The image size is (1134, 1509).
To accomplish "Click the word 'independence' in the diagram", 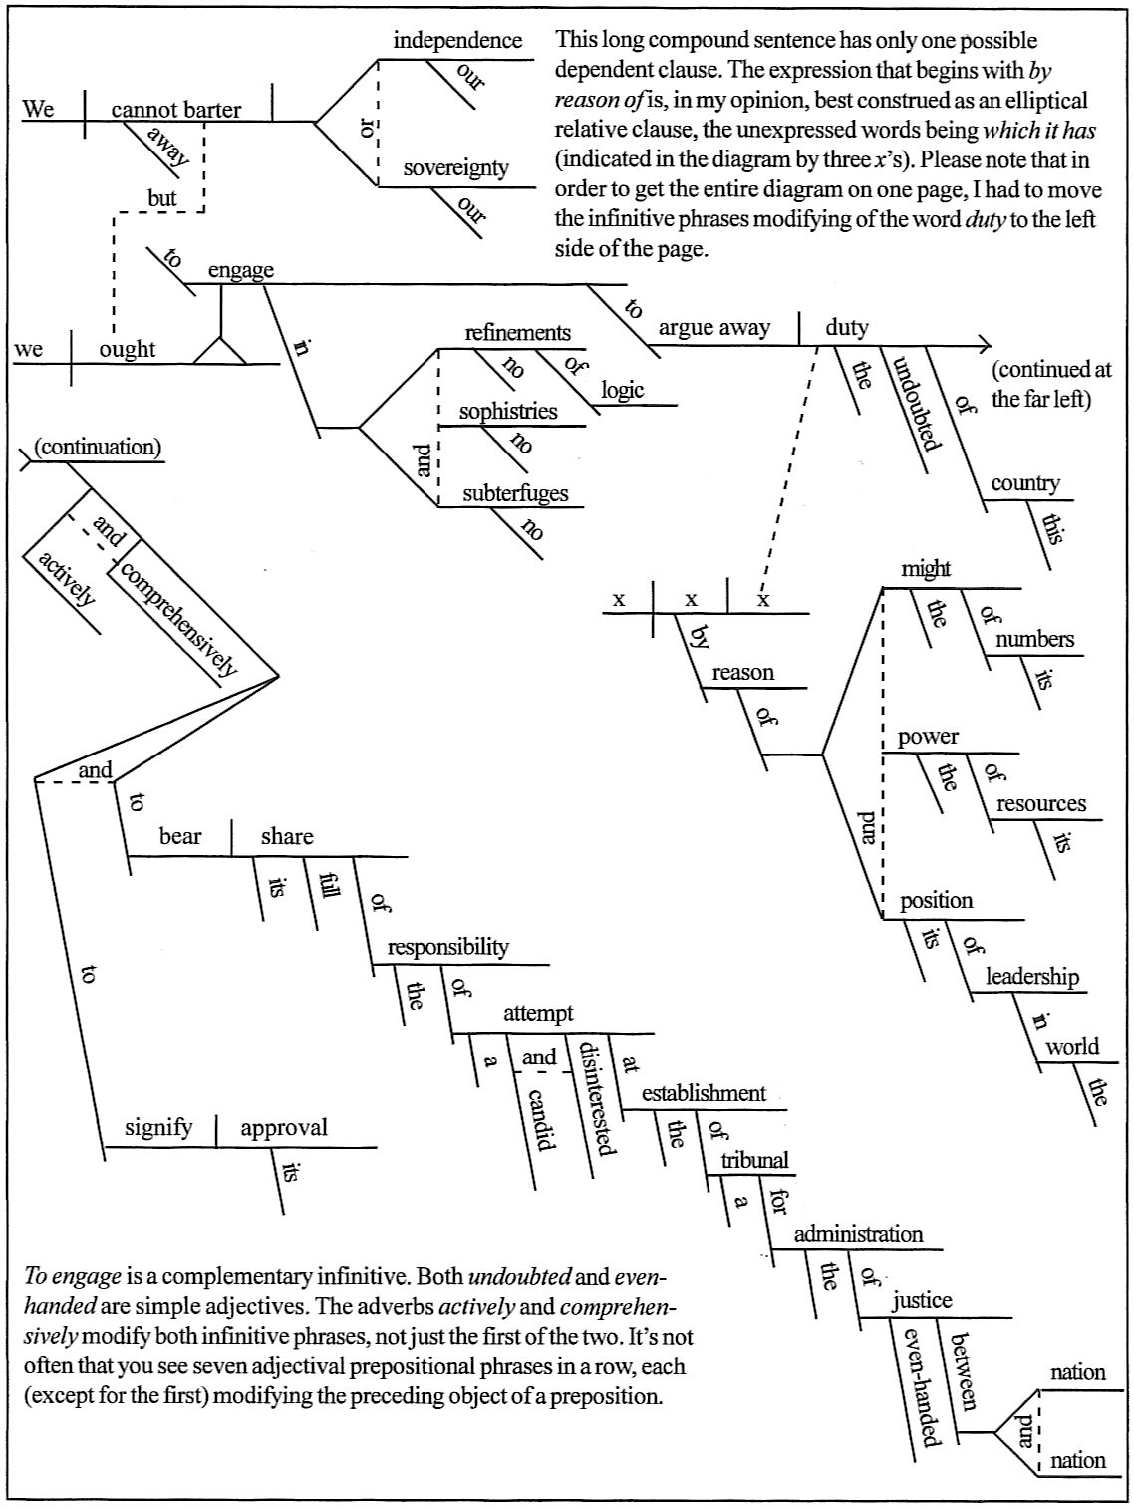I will [457, 41].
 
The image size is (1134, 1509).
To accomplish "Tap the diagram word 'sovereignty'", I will [455, 167].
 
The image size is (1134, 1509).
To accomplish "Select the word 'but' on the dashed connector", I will [161, 198].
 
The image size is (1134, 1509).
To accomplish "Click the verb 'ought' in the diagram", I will [128, 349].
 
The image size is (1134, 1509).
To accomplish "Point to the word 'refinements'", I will [518, 333].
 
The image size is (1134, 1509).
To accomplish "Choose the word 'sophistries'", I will [507, 412].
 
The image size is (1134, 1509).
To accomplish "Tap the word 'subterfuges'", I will [515, 493].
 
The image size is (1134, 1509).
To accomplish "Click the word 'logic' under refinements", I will [622, 390].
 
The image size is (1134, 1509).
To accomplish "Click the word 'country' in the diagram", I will [1024, 484].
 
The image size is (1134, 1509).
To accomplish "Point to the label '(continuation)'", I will [97, 447].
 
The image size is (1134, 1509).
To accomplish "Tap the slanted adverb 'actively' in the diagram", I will [68, 578].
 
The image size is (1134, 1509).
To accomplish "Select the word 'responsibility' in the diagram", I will [447, 947].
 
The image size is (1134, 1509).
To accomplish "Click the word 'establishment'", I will [704, 1093].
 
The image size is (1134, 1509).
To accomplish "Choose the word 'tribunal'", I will [754, 1160].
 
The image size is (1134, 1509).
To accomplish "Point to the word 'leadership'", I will [1032, 977].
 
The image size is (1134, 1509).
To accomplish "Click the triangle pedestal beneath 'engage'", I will [218, 350].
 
